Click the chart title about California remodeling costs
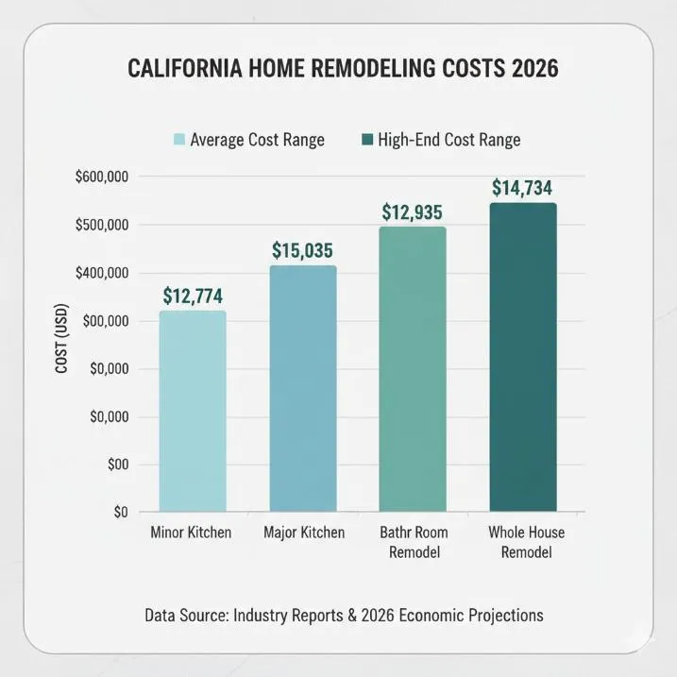click(343, 70)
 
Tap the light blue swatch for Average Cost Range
click(178, 140)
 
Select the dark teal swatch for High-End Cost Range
click(366, 140)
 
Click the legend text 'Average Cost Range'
click(257, 140)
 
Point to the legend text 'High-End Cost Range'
click(449, 140)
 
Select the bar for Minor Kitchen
click(193, 411)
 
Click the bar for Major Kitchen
click(303, 388)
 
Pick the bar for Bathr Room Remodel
click(413, 369)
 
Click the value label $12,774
click(193, 296)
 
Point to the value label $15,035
click(303, 250)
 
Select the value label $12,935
click(413, 212)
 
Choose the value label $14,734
click(522, 188)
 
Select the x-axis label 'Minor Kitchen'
click(191, 533)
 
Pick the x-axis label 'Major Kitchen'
click(303, 533)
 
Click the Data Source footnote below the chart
click(344, 616)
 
